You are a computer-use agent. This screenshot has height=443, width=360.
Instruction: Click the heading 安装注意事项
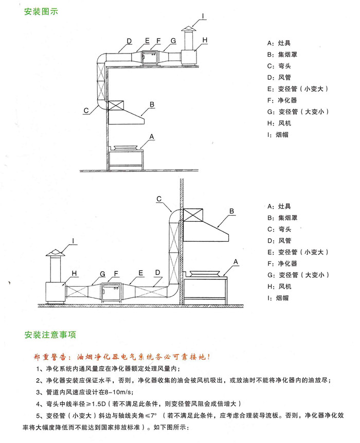click(x=50, y=335)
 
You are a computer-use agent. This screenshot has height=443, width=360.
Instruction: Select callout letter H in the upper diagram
click(x=204, y=40)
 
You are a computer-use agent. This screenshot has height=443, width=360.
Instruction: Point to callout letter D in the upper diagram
click(x=129, y=40)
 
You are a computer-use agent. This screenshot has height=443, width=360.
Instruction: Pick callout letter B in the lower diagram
click(x=231, y=211)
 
